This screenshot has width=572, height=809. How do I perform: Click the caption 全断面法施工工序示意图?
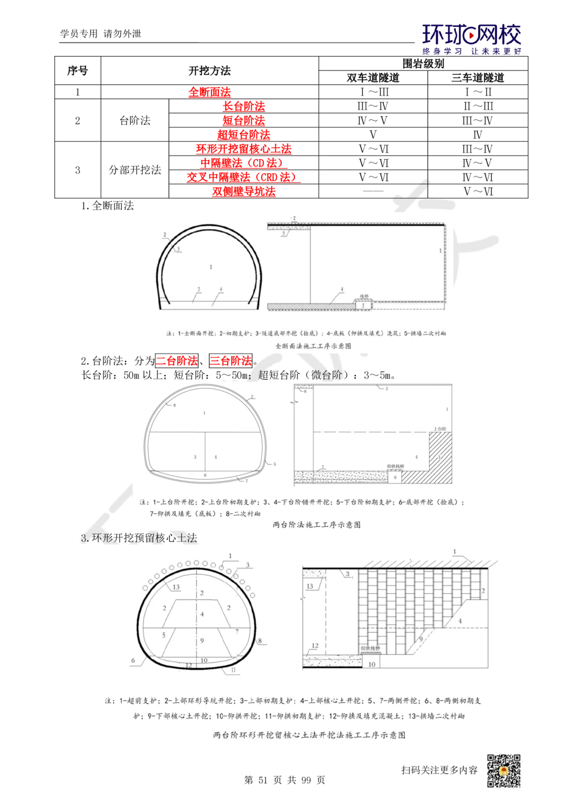(x=313, y=346)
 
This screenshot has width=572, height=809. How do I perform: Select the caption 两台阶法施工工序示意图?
(x=316, y=524)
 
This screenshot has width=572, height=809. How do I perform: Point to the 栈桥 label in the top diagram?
(x=363, y=298)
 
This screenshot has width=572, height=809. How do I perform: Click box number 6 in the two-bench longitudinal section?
(x=395, y=477)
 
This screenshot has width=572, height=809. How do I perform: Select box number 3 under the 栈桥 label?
(x=363, y=307)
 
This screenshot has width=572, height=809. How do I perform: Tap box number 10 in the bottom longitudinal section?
(x=372, y=664)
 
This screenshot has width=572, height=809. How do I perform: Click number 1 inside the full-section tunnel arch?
(x=211, y=267)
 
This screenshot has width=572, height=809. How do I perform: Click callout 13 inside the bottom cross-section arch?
(x=176, y=587)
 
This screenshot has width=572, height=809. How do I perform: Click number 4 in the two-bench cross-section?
(x=216, y=457)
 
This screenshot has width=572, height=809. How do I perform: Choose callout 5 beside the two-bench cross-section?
(x=275, y=463)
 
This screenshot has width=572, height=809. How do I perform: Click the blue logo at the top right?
(x=472, y=39)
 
